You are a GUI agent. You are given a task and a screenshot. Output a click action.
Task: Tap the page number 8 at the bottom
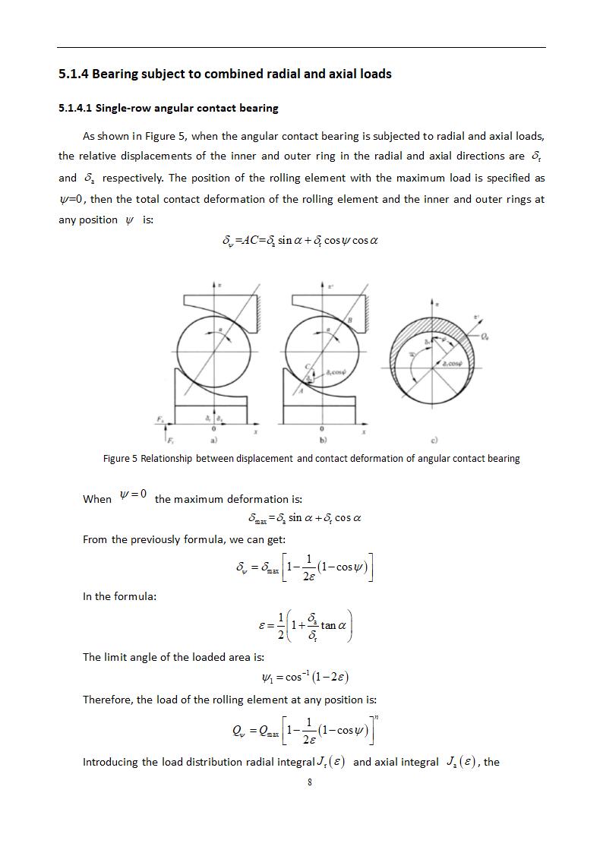pyautogui.click(x=310, y=782)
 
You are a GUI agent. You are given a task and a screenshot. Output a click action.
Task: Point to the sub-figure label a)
pyautogui.click(x=214, y=440)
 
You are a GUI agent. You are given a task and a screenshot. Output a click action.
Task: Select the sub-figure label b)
pyautogui.click(x=323, y=440)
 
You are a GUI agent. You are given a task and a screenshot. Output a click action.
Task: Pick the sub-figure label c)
pyautogui.click(x=434, y=440)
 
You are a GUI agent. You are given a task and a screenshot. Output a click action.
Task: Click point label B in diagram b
pyautogui.click(x=350, y=321)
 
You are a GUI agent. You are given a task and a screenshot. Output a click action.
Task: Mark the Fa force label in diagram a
pyautogui.click(x=160, y=419)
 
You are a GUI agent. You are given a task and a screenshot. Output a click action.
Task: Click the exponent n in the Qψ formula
pyautogui.click(x=376, y=716)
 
